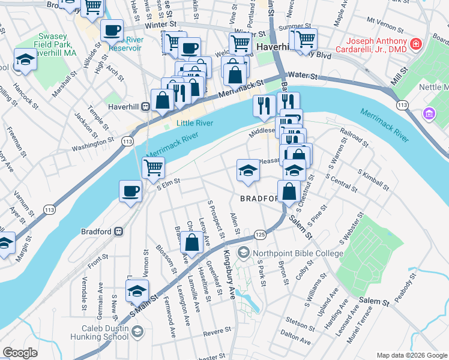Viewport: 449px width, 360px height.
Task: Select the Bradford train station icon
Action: click(x=119, y=231)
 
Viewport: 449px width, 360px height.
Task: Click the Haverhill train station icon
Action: click(x=145, y=107)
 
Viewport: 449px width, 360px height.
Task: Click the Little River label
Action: click(x=195, y=123)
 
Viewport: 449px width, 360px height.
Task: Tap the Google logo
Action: click(x=20, y=353)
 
